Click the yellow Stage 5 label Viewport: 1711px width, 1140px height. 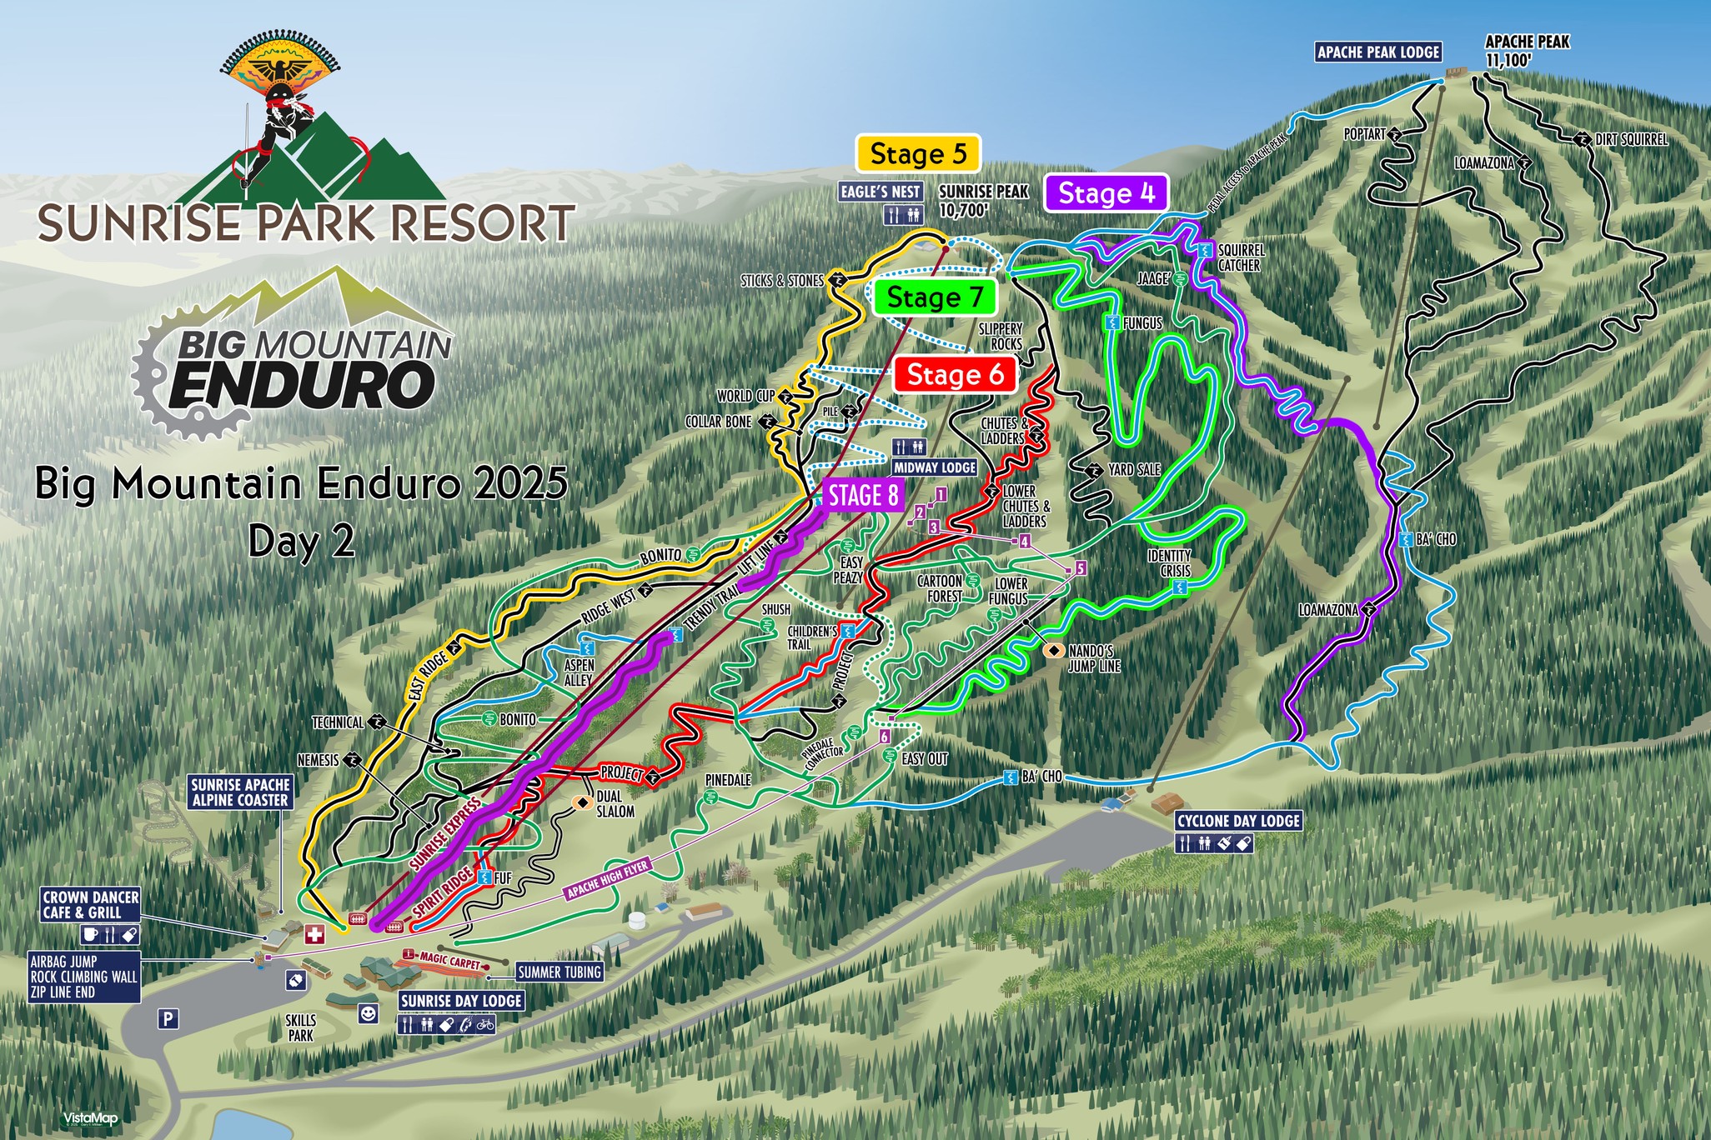(x=918, y=154)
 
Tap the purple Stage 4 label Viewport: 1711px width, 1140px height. (x=1106, y=193)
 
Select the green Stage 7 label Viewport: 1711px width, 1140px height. (x=935, y=297)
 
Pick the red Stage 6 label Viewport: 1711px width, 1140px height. (x=955, y=375)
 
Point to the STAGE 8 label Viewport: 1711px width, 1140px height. (x=863, y=496)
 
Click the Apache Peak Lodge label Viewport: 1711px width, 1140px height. (x=1378, y=52)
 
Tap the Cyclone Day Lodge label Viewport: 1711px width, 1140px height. (x=1238, y=821)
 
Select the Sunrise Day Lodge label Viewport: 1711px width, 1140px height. (x=461, y=1001)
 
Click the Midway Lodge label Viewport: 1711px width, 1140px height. (x=935, y=467)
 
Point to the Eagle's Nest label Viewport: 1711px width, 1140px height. (x=881, y=192)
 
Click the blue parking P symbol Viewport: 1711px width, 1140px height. (x=168, y=1018)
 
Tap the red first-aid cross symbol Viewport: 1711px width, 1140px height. (x=314, y=934)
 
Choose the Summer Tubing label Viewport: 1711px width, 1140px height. (x=559, y=972)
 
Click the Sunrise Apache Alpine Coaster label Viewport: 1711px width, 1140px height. (x=240, y=792)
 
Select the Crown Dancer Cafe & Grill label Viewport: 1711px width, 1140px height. (x=91, y=905)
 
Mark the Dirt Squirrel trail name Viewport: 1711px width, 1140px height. (x=1631, y=140)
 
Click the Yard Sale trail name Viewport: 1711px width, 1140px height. (x=1134, y=470)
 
